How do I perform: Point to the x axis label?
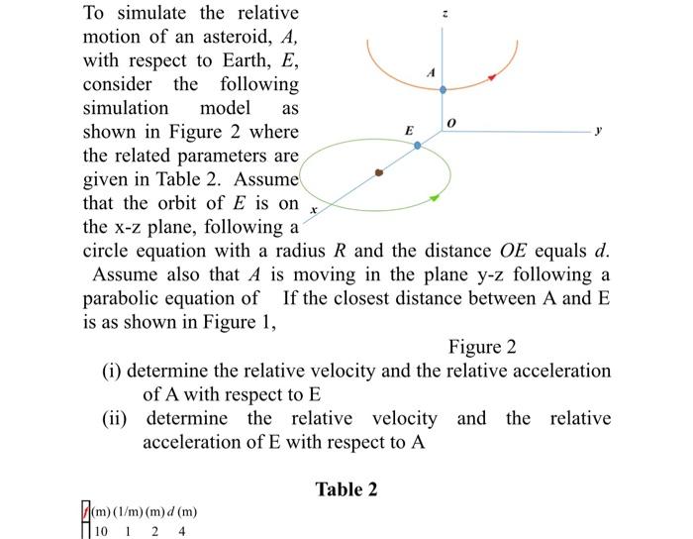313,211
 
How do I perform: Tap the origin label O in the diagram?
451,122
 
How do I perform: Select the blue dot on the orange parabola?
444,89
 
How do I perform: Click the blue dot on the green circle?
417,145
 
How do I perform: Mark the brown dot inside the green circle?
378,171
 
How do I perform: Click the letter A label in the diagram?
429,71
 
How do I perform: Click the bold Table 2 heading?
346,489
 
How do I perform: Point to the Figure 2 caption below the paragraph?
482,347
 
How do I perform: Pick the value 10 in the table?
103,530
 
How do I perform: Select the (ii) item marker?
119,418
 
